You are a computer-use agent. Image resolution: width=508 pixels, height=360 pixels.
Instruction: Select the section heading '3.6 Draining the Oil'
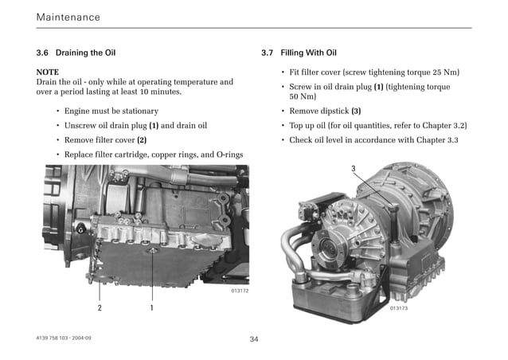point(76,53)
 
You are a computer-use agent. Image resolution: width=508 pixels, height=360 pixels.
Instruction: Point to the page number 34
point(254,339)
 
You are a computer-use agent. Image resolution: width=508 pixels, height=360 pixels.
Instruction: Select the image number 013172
point(239,292)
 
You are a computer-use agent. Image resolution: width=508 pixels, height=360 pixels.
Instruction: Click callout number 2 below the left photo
point(100,307)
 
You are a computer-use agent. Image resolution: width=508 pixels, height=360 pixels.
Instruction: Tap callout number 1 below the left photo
point(151,307)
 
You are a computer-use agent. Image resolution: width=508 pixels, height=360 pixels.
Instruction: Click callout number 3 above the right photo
point(354,169)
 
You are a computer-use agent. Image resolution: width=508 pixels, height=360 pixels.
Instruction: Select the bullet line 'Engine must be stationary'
point(111,111)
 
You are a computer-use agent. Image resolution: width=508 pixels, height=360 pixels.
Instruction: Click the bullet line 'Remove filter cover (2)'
point(106,139)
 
